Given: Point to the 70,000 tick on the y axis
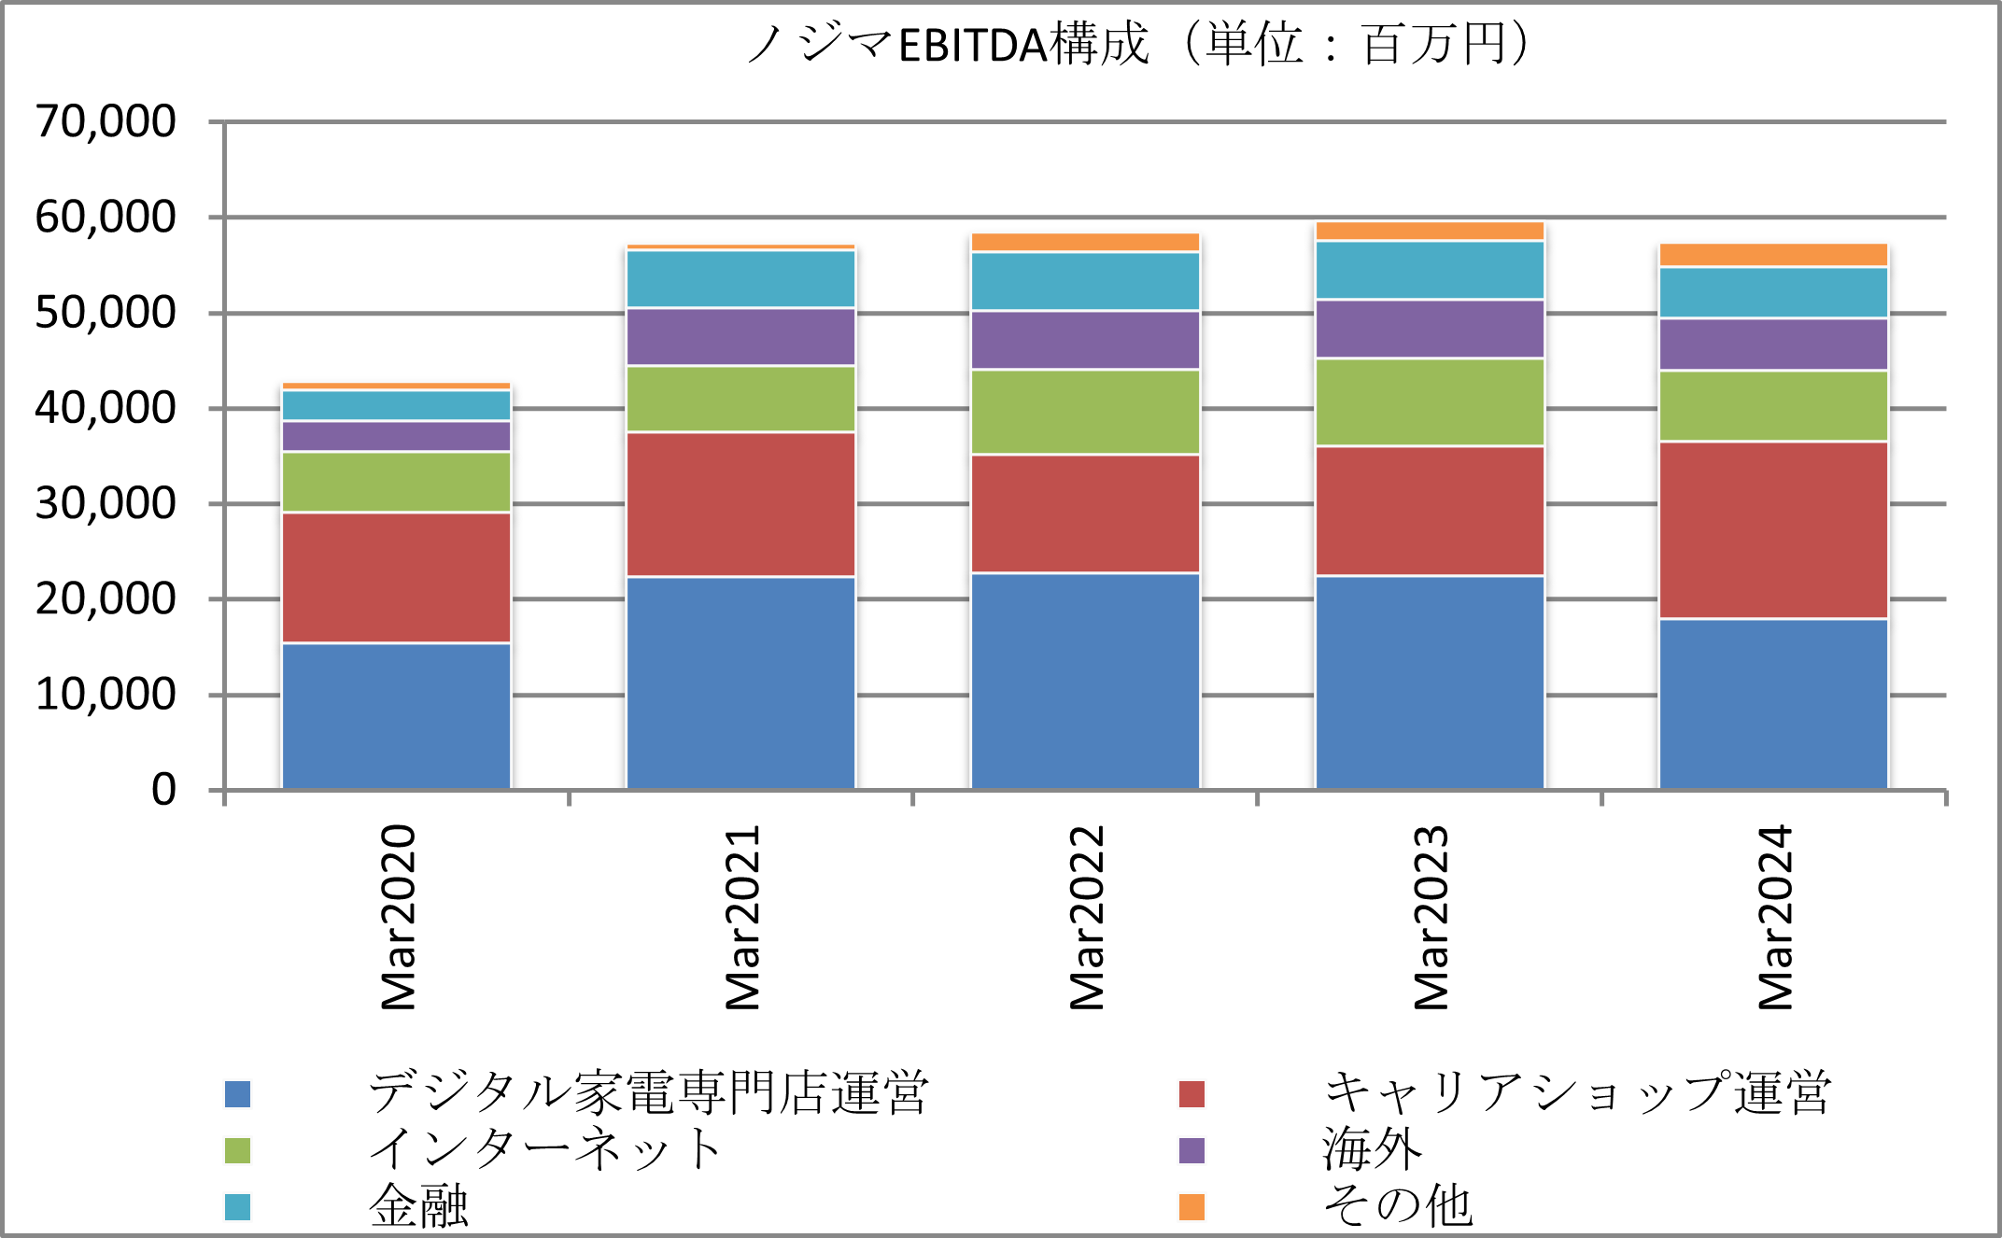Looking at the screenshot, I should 106,121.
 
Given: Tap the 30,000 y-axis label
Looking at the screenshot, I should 106,504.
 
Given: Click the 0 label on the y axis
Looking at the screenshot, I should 163,790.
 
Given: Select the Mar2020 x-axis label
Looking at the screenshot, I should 398,917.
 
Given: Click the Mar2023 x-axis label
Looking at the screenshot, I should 1431,917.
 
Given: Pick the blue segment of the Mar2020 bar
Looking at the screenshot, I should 396,716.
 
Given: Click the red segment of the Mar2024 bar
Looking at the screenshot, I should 1773,529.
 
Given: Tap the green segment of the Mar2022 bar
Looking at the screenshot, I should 1085,412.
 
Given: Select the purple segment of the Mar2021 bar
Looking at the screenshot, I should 740,336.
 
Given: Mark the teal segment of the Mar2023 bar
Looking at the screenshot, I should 1430,270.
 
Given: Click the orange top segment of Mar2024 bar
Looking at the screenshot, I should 1773,255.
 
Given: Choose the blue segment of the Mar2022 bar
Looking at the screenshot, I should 1085,681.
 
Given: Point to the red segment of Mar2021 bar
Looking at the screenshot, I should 740,504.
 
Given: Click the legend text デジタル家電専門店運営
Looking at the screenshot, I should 648,1092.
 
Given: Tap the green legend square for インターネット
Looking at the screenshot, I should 238,1150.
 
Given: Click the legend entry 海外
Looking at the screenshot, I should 1372,1149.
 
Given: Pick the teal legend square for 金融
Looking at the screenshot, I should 238,1207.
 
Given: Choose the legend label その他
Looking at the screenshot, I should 1398,1206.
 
